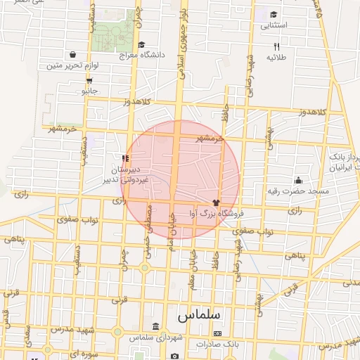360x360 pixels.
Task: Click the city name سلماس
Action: [x=200, y=314]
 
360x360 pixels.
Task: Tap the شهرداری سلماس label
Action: [x=155, y=338]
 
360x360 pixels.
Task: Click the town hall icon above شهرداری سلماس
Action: [x=155, y=328]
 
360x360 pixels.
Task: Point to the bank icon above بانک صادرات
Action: [x=217, y=333]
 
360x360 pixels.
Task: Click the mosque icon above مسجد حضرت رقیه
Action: [x=298, y=180]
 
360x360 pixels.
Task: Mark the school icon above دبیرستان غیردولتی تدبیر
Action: [x=125, y=158]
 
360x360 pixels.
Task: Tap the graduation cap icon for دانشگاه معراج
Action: [x=142, y=44]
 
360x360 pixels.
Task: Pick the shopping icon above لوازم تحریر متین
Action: [x=73, y=54]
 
